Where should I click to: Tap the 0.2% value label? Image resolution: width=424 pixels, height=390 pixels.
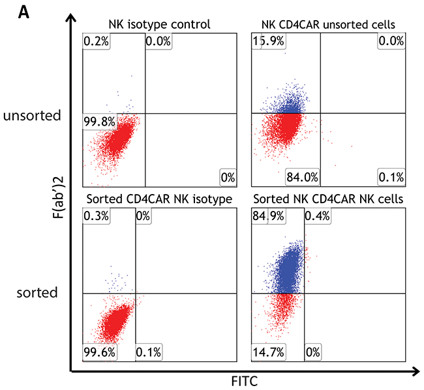tap(95, 41)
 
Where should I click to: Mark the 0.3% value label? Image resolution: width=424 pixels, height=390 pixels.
tap(95, 216)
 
